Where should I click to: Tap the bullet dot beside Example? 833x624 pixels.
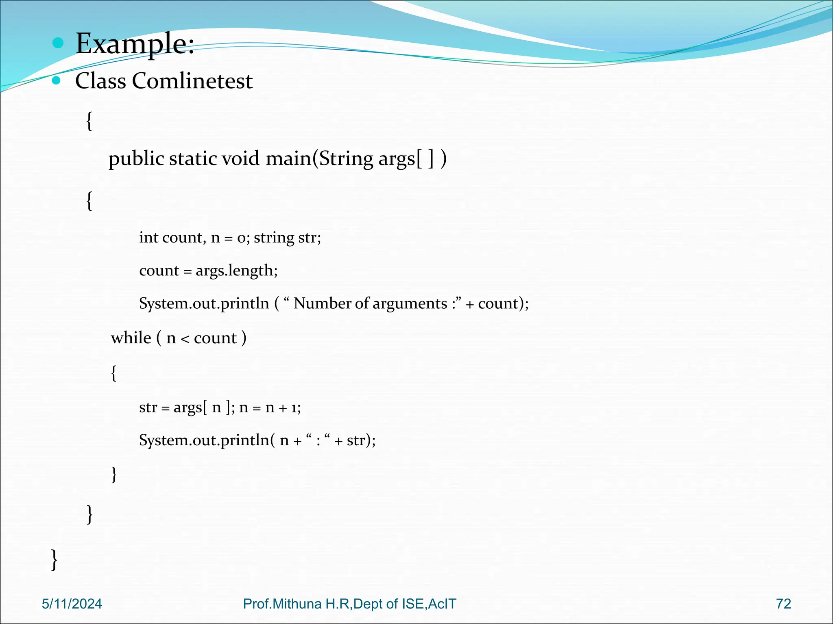coord(58,43)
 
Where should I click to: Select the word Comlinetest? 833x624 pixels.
coord(192,80)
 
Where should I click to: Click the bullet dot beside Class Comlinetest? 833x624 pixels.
coord(57,80)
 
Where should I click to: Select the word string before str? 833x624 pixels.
coord(274,238)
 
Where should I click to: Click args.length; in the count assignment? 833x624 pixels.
coord(236,271)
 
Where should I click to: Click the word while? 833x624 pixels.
coord(131,338)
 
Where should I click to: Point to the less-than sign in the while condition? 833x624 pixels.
coord(185,338)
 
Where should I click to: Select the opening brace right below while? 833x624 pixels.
coord(114,373)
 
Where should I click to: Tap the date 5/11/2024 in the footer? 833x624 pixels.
coord(72,604)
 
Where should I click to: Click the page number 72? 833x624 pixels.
coord(783,604)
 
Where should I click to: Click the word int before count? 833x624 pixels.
coord(148,237)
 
